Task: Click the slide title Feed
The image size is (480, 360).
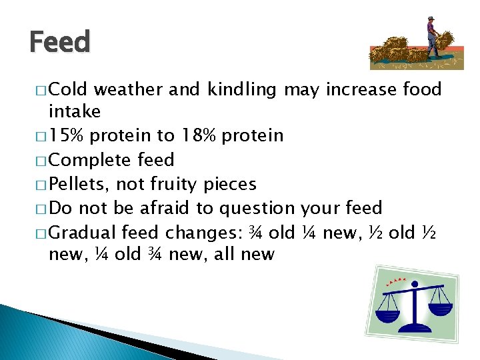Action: pyautogui.click(x=59, y=43)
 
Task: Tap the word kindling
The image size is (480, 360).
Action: pyautogui.click(x=241, y=90)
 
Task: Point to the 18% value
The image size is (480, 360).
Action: pyautogui.click(x=197, y=136)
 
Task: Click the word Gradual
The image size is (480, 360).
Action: pyautogui.click(x=83, y=232)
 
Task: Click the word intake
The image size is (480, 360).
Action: pyautogui.click(x=74, y=111)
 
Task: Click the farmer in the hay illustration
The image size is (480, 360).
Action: pyautogui.click(x=433, y=37)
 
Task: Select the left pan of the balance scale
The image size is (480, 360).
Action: pyautogui.click(x=387, y=310)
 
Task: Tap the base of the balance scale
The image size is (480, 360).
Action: pyautogui.click(x=415, y=329)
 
